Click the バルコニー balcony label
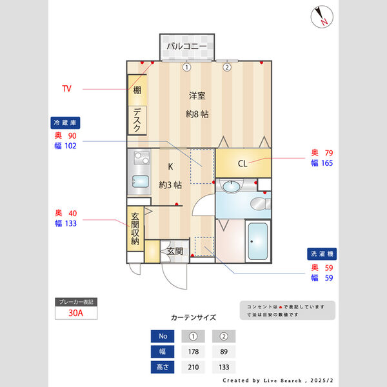tap(186, 46)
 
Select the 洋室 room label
tap(197, 96)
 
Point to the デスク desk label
tap(137, 120)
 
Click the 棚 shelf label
tap(137, 90)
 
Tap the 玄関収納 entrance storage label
tap(135, 229)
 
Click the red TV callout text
tap(67, 88)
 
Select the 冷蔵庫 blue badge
tap(65, 122)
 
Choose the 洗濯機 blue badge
tap(321, 254)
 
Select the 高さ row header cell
tap(163, 367)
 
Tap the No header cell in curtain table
tap(163, 336)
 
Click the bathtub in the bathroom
tap(258, 241)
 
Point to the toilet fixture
tap(259, 204)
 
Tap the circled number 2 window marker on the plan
tap(227, 67)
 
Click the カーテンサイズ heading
tap(193, 317)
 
